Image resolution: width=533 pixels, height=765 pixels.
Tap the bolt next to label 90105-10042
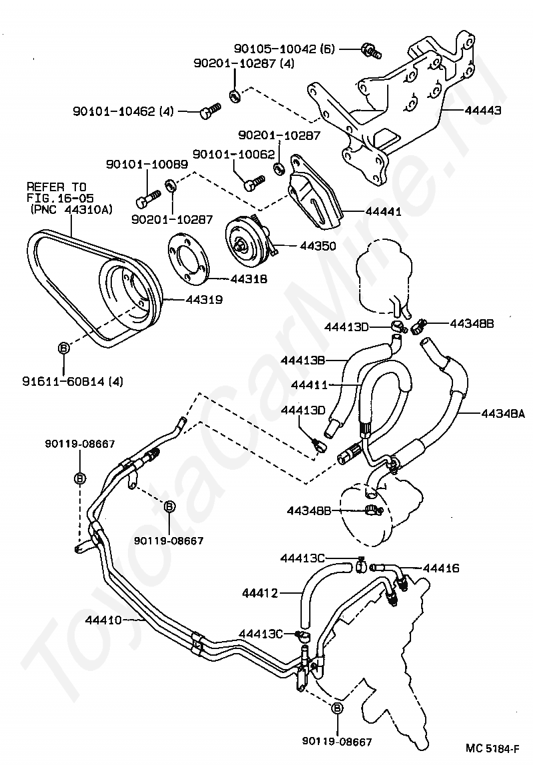(369, 49)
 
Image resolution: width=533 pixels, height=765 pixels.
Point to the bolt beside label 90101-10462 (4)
(209, 111)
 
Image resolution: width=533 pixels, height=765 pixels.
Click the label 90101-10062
(233, 155)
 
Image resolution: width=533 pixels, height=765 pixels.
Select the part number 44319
(204, 300)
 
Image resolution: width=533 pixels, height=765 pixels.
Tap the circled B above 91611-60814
(64, 348)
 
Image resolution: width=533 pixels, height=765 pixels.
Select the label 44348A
(504, 413)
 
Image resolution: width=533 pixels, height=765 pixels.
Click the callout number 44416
(441, 568)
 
